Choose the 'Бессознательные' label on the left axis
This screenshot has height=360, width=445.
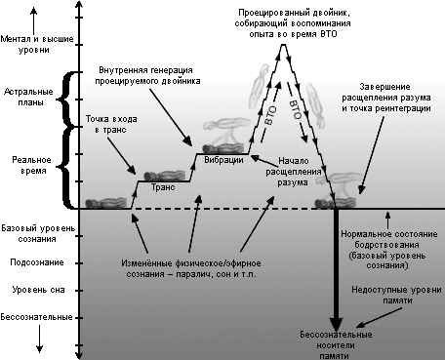[36, 317]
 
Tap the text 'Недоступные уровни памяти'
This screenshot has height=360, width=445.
[390, 295]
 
